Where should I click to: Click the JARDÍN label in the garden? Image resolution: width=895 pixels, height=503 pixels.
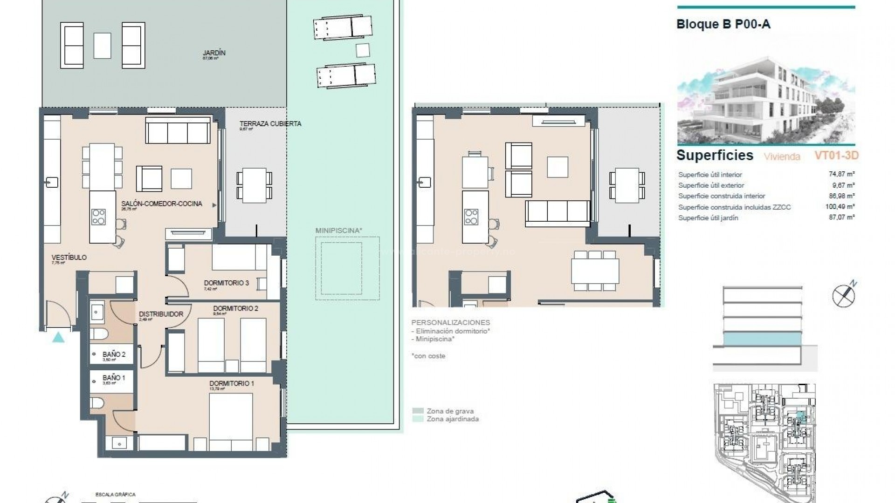click(x=214, y=53)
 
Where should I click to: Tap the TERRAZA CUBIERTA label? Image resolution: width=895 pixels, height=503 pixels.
click(x=270, y=124)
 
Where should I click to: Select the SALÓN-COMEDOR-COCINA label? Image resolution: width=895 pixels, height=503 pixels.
click(x=162, y=204)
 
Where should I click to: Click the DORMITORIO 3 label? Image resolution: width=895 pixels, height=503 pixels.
click(x=226, y=283)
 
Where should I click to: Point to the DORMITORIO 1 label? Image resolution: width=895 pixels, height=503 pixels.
click(x=232, y=383)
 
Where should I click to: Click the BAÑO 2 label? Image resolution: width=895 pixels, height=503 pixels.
click(x=114, y=354)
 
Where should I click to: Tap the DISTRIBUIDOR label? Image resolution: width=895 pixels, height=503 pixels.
click(x=161, y=314)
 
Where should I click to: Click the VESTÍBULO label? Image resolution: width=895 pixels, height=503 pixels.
click(x=69, y=257)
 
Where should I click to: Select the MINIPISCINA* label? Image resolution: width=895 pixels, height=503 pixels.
click(x=338, y=231)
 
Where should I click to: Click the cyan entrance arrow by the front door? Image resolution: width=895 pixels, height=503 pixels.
click(x=58, y=338)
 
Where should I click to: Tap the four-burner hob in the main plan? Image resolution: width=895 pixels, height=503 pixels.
click(x=99, y=217)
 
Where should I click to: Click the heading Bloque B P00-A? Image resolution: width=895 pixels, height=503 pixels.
click(x=723, y=24)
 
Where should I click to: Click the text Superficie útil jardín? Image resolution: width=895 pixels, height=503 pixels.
click(x=708, y=218)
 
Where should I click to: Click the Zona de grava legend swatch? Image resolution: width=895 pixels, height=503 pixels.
click(x=418, y=411)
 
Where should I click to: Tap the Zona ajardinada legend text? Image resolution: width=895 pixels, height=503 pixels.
click(x=453, y=419)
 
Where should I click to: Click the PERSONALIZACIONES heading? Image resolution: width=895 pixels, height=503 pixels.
click(x=450, y=322)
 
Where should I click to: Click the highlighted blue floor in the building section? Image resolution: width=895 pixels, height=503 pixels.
click(x=763, y=339)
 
